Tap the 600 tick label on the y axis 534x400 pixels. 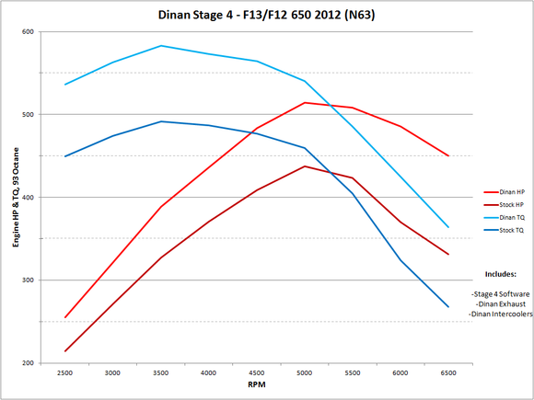pos(27,32)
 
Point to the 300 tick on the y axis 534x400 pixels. pos(27,280)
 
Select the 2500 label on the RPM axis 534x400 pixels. pos(65,373)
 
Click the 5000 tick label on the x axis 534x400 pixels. pos(305,373)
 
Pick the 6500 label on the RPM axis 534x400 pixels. pos(448,373)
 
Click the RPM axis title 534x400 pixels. pos(257,388)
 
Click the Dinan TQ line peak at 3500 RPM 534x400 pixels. pos(161,45)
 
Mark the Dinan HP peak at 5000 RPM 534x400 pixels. pos(305,102)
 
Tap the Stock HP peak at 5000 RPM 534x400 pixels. pos(305,166)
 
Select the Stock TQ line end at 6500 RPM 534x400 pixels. pos(448,307)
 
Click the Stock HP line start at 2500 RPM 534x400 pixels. pos(65,351)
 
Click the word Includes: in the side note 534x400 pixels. pos(498,273)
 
